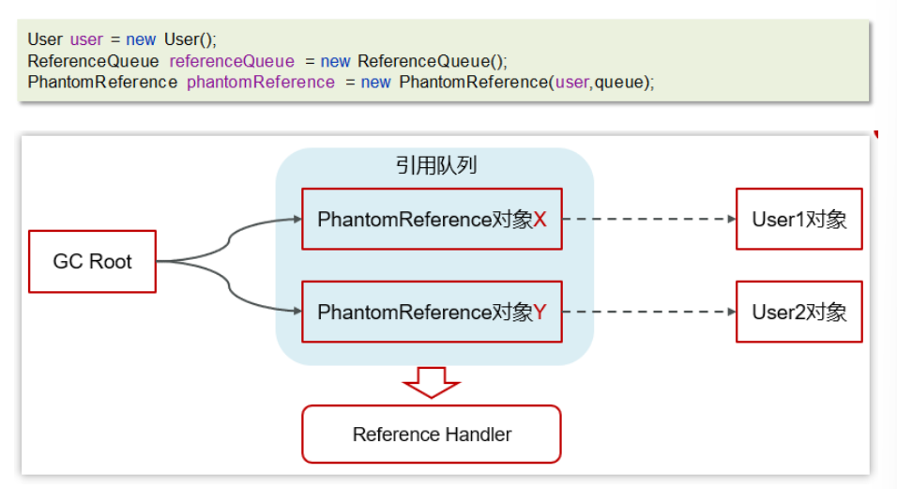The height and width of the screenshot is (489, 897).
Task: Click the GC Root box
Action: click(92, 261)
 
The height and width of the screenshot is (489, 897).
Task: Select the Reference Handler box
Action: click(432, 435)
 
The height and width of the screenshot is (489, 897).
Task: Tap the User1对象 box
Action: click(798, 220)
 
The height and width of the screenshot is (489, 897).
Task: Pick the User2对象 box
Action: click(798, 312)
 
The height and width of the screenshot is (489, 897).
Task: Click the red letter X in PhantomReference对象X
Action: click(540, 220)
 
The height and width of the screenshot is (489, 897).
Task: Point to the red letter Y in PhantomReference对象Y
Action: click(540, 312)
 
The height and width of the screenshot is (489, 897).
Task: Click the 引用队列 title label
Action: click(435, 166)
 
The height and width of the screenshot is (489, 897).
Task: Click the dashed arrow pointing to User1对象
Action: click(648, 220)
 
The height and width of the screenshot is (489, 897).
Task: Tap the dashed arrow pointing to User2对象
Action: click(648, 312)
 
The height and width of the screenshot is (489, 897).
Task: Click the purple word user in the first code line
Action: click(86, 39)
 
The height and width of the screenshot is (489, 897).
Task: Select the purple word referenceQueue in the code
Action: click(232, 61)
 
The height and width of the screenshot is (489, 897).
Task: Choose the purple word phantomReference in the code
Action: click(260, 82)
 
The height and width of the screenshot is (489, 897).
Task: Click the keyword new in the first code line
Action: click(141, 39)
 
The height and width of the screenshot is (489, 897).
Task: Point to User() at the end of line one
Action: click(190, 39)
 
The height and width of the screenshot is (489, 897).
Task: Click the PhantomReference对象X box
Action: click(432, 220)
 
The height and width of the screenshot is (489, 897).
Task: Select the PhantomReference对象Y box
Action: click(432, 312)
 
